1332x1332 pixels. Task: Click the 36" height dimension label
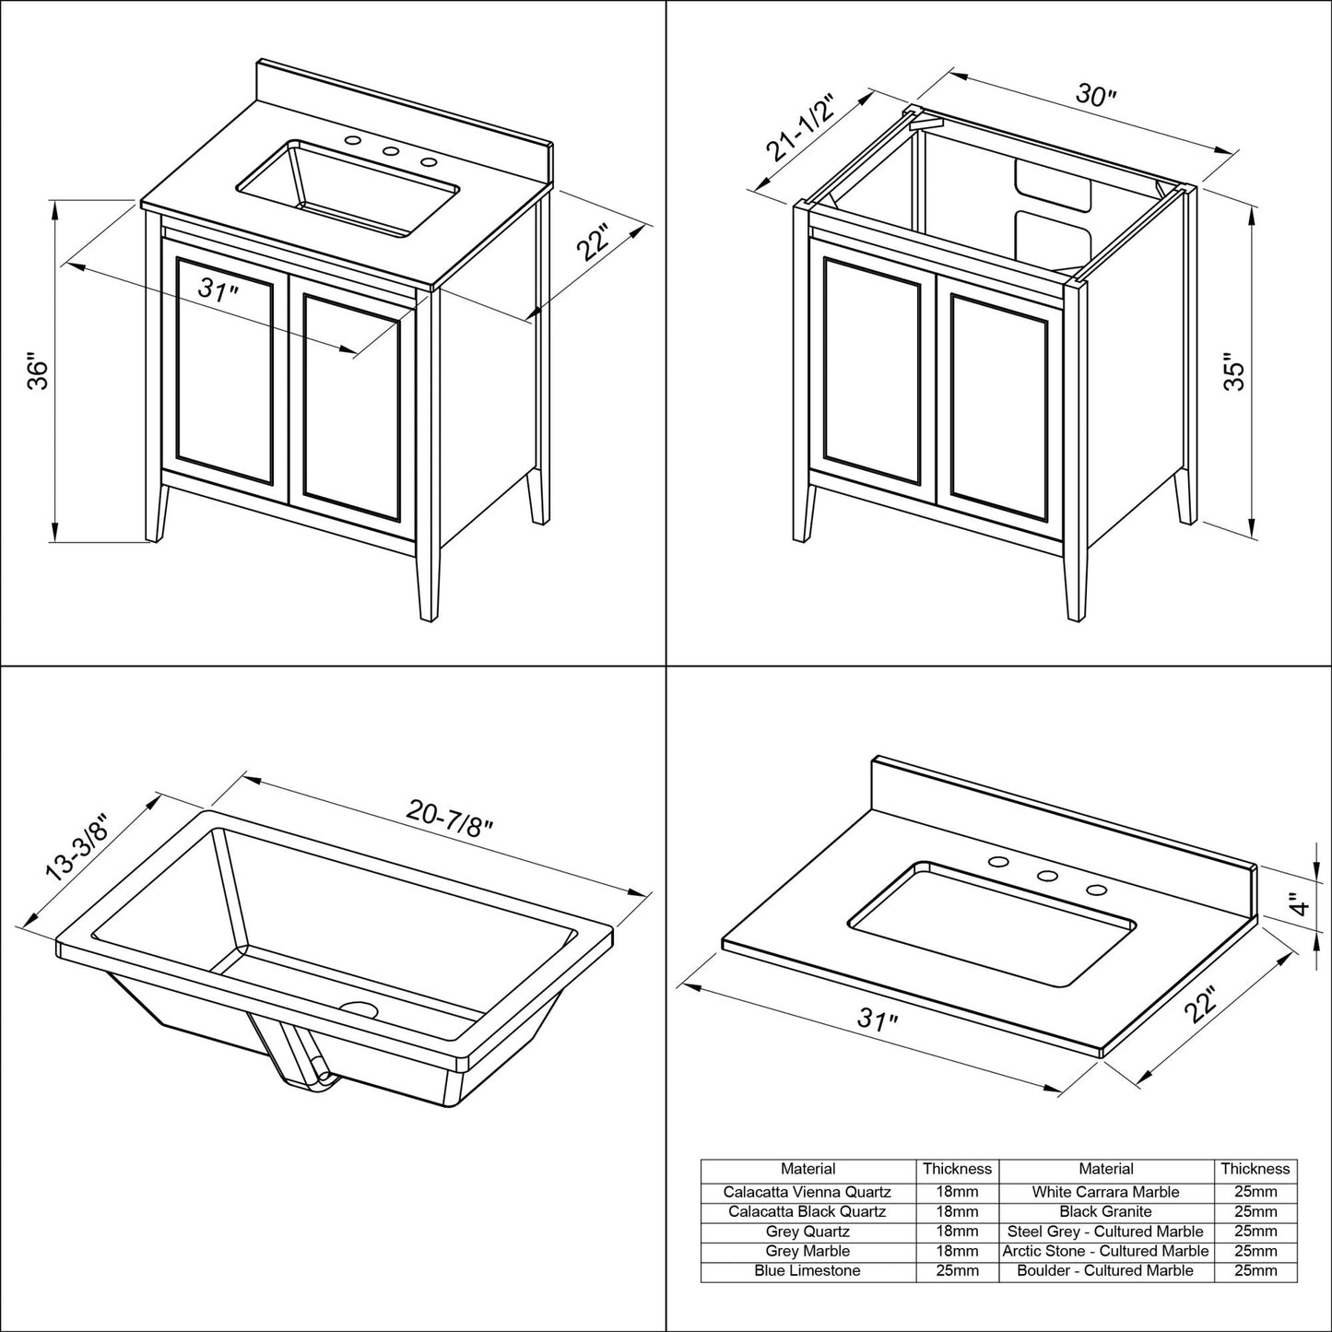coord(37,372)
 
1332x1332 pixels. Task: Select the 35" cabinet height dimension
coord(1234,371)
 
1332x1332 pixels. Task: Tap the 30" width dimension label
coord(1096,96)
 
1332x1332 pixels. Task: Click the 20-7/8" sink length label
coord(450,814)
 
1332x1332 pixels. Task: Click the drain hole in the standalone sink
coord(360,1009)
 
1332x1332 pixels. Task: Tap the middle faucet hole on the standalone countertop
coord(1047,877)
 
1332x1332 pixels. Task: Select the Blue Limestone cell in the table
coord(807,1270)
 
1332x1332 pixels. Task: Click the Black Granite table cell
coord(1105,1211)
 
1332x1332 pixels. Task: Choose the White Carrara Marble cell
coord(1105,1192)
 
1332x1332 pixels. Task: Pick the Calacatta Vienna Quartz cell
coord(807,1192)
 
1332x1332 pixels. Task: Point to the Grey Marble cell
coord(807,1251)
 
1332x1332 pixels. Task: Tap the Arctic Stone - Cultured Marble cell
coord(1105,1251)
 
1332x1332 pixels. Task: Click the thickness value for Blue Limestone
coord(957,1270)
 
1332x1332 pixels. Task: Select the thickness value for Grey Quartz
coord(957,1232)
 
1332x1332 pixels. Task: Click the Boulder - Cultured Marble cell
coord(1105,1270)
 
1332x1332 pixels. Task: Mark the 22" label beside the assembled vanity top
coord(594,243)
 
